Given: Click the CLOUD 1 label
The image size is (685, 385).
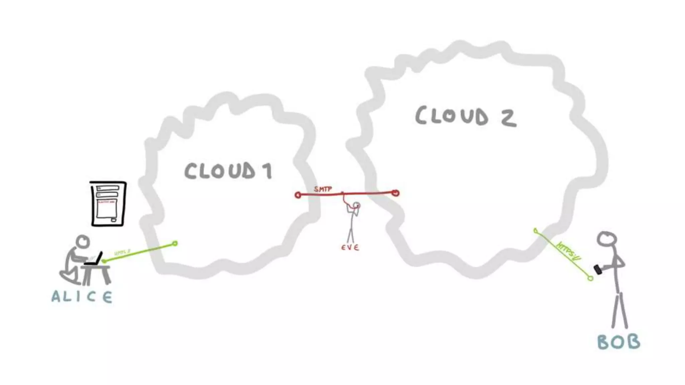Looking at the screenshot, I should (x=228, y=171).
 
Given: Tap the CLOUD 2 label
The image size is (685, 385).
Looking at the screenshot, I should (x=466, y=116).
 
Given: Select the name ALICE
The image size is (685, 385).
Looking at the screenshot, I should (x=82, y=297).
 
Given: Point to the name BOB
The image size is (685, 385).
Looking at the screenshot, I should (x=618, y=342).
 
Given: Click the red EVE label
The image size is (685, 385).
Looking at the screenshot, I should (x=350, y=248).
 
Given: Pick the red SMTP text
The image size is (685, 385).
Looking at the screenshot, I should (x=323, y=189).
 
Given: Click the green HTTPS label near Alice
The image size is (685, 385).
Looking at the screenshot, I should (x=122, y=252).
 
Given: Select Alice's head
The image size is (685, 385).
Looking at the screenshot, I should (x=83, y=241).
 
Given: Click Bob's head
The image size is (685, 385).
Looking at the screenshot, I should (x=607, y=239).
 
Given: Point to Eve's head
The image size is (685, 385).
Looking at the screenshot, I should (x=357, y=205).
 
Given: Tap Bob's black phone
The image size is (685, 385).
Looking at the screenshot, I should (x=598, y=269).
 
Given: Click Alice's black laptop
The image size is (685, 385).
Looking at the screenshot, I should (x=95, y=259).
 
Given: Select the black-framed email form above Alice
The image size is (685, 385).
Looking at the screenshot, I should (x=108, y=204).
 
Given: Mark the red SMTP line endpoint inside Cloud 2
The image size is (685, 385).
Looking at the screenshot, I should (x=396, y=193).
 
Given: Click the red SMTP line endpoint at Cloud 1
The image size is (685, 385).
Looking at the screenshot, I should (x=298, y=195).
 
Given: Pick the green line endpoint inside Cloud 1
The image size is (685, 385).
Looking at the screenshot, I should (x=175, y=244).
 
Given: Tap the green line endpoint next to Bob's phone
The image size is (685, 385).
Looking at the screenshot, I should (x=590, y=278).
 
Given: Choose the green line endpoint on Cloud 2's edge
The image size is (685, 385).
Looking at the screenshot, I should (x=535, y=230).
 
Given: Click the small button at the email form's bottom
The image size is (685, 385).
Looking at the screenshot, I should (x=114, y=220).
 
